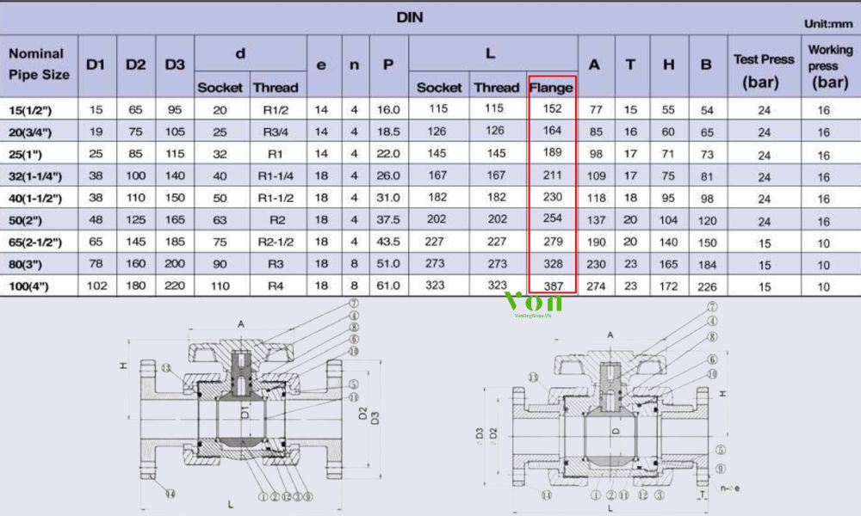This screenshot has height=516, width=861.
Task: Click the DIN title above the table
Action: (410, 17)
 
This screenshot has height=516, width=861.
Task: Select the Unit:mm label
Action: (827, 24)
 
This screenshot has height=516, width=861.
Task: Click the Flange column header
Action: (551, 87)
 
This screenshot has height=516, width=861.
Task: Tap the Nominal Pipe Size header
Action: (39, 64)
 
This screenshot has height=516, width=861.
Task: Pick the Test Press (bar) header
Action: (764, 71)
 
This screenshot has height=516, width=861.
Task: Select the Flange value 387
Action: (552, 286)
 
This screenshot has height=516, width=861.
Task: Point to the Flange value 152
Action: (552, 109)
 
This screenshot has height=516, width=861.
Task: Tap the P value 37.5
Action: (388, 219)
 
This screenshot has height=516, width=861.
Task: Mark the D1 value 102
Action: (96, 286)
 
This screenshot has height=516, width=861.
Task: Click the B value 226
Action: (708, 286)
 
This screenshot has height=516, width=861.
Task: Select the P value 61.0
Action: (388, 286)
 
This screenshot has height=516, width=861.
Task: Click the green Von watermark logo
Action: (533, 303)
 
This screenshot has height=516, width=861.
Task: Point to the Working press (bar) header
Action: (830, 66)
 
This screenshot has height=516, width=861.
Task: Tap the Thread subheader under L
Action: (497, 87)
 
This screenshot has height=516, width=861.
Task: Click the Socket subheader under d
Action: (220, 87)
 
